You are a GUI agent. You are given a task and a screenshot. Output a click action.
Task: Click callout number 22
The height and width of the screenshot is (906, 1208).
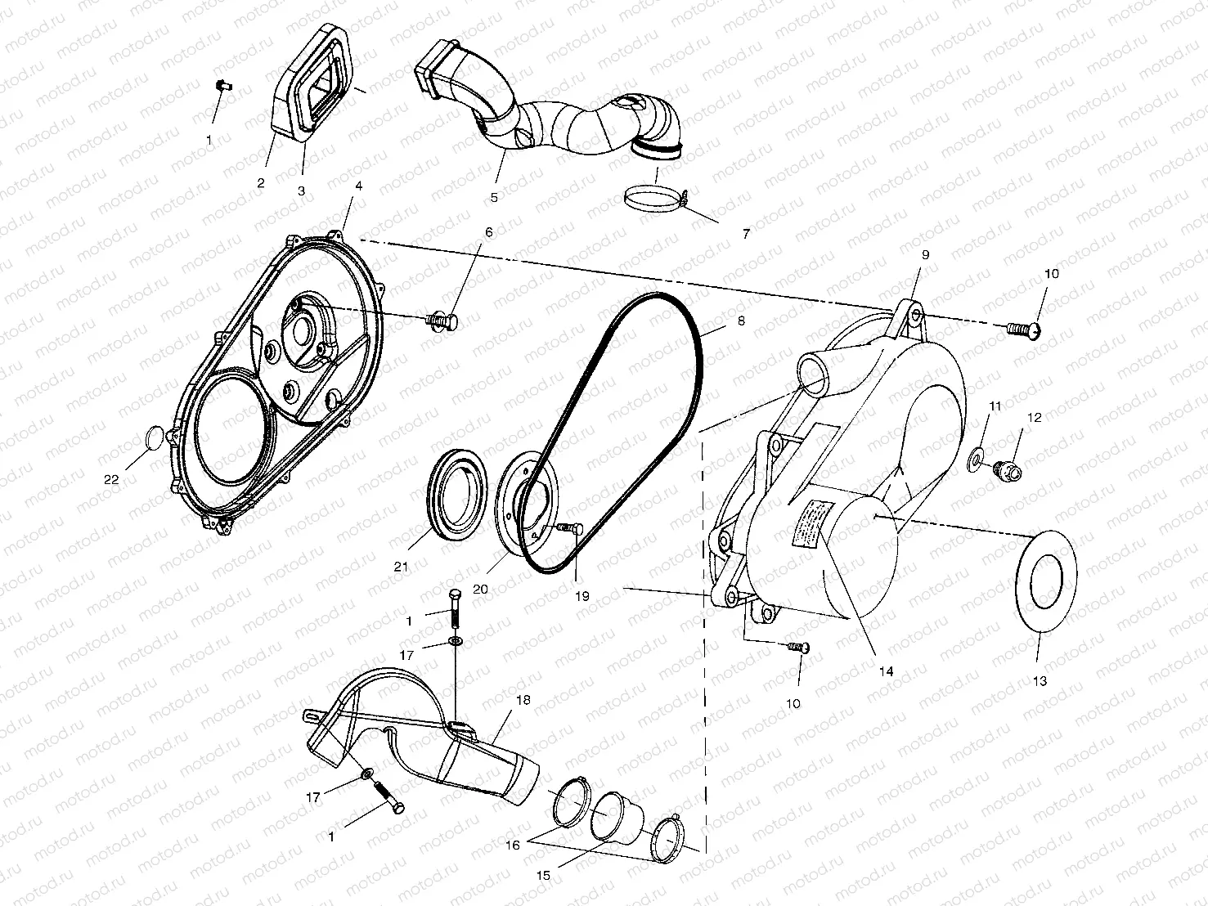(x=110, y=479)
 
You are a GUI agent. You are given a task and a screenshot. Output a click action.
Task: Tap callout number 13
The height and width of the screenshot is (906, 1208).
(x=1039, y=679)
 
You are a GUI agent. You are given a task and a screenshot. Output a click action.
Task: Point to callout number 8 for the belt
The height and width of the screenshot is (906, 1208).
(x=741, y=321)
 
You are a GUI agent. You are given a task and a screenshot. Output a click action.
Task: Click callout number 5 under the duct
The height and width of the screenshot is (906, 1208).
(x=494, y=197)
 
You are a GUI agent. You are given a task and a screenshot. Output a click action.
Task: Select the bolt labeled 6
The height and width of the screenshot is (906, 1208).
(x=442, y=320)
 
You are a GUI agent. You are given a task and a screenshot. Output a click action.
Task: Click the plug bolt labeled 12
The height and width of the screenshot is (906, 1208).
(x=1007, y=471)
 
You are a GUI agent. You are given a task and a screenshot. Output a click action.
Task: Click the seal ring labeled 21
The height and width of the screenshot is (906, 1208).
(x=459, y=502)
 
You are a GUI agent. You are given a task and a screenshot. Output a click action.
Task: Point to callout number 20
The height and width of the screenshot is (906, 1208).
(x=480, y=588)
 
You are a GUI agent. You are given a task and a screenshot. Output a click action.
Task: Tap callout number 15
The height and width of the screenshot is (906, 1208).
(x=543, y=875)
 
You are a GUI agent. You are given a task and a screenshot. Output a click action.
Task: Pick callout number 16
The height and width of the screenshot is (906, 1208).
(x=512, y=845)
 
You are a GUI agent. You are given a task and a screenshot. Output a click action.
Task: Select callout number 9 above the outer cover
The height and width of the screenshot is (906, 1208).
(x=926, y=254)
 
